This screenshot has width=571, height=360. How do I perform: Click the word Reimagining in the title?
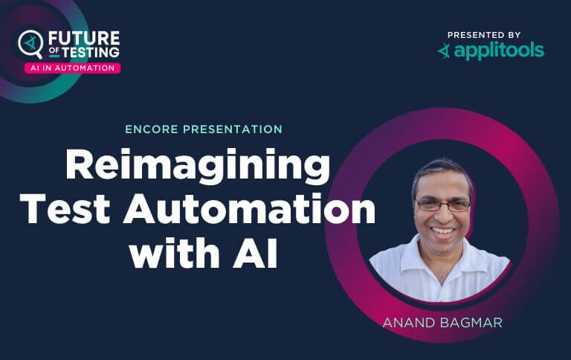(197, 165)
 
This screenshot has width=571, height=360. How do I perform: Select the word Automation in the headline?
(249, 210)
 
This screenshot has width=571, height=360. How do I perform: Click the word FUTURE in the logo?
(83, 38)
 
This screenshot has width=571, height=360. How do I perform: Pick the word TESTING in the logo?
(91, 52)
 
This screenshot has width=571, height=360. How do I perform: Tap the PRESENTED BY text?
(484, 35)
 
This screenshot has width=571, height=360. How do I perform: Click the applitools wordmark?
(499, 51)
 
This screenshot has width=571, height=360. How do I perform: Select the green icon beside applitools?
(444, 51)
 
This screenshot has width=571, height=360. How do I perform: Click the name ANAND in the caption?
(407, 324)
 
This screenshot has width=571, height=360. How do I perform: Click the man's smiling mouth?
(444, 232)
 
